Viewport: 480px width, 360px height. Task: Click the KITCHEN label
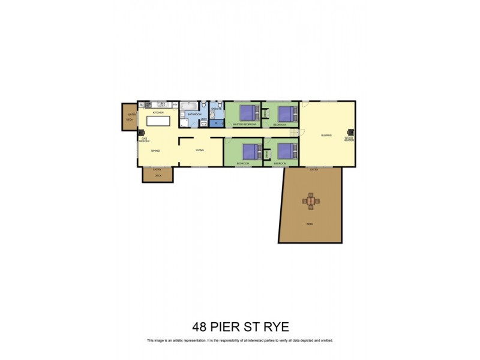coord(158,113)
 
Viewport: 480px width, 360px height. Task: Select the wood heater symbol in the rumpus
coord(352,133)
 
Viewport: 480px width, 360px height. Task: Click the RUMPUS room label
coord(326,136)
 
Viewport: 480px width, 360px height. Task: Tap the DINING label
coord(155,151)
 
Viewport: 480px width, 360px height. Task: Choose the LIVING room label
coord(200,150)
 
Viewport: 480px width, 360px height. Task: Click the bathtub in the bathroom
coord(189,106)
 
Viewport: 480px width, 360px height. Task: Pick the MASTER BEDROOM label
coord(244,124)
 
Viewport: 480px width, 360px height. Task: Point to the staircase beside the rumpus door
coord(294,133)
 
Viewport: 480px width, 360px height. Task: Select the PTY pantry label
coord(175,105)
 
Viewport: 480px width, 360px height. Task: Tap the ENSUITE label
coord(216,109)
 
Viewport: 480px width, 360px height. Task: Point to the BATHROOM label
coord(194,114)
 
